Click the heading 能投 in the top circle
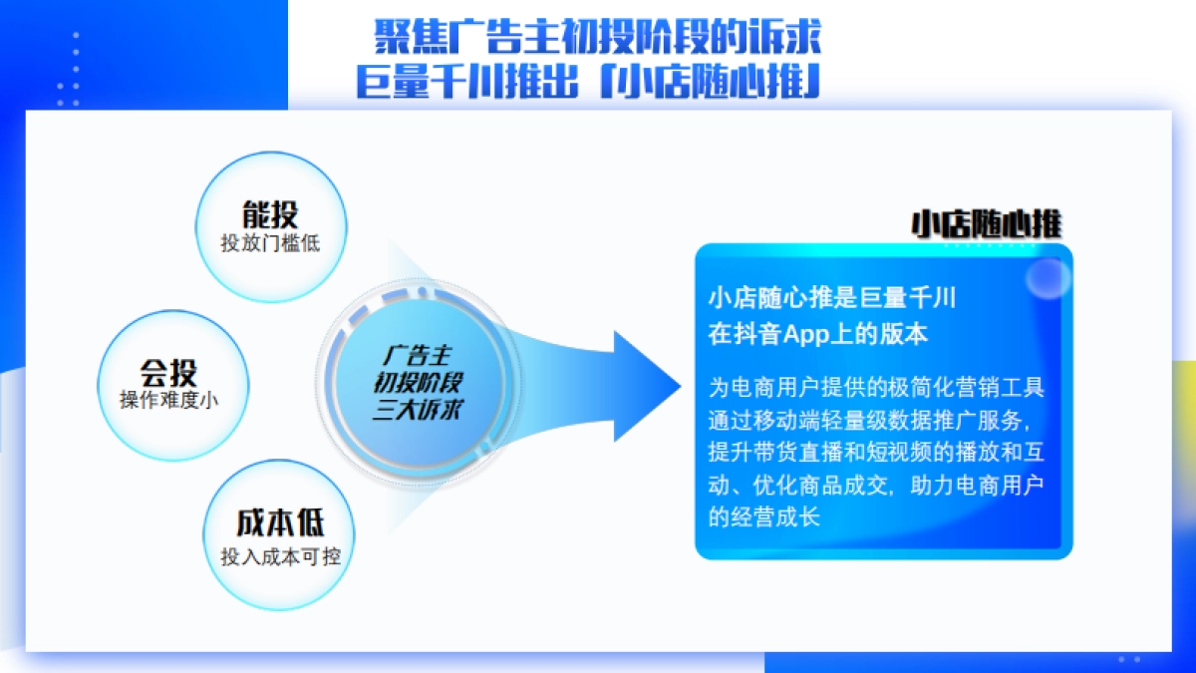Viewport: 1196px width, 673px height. pyautogui.click(x=270, y=214)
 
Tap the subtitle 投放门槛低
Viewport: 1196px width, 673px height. pyautogui.click(x=270, y=243)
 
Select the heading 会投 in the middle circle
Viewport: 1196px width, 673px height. pyautogui.click(x=168, y=373)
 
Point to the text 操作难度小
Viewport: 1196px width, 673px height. pyautogui.click(x=168, y=400)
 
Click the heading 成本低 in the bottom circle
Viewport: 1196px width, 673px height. pyautogui.click(x=280, y=524)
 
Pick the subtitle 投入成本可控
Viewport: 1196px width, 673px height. pyautogui.click(x=280, y=556)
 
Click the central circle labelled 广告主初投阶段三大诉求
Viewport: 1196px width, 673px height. pyautogui.click(x=418, y=382)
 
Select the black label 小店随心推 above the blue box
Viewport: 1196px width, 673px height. pyautogui.click(x=985, y=224)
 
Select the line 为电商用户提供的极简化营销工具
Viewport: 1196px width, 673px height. pyautogui.click(x=876, y=386)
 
